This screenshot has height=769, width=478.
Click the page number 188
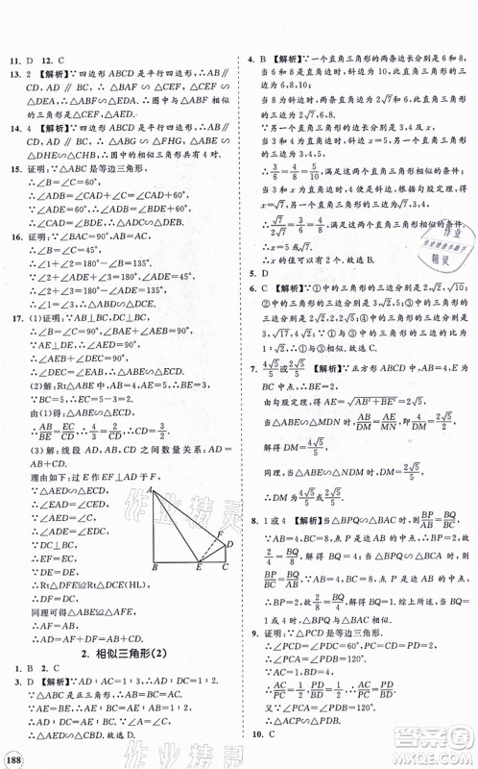click(x=17, y=750)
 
